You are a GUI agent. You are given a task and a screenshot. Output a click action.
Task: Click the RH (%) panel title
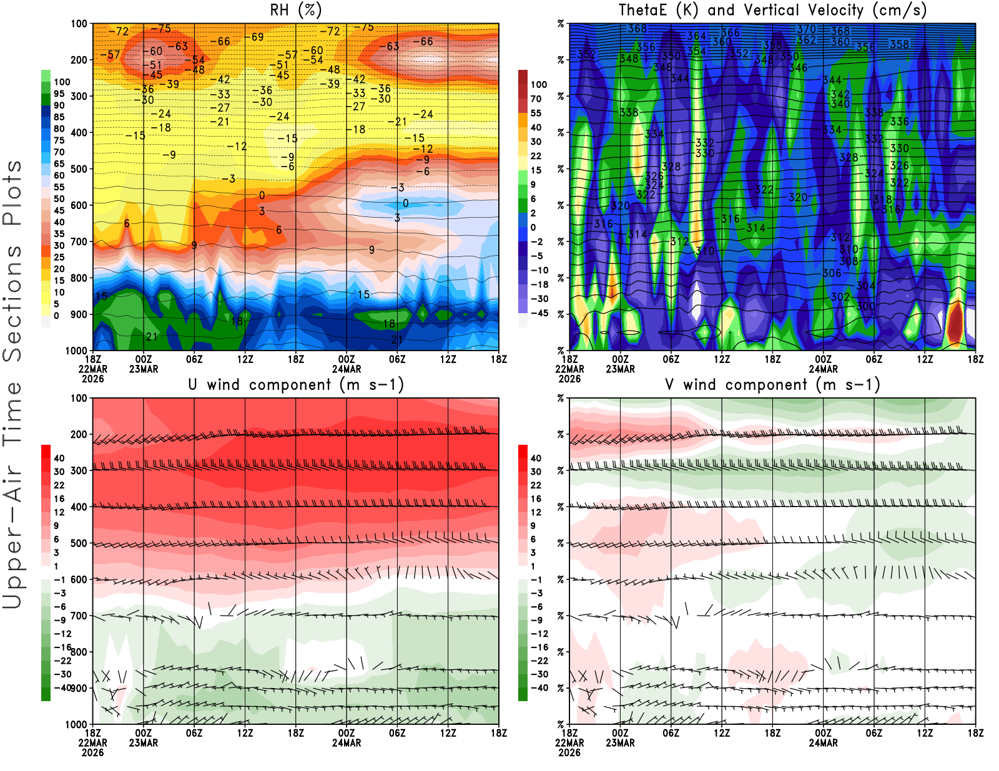click(296, 10)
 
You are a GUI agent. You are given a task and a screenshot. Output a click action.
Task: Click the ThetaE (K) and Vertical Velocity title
click(772, 10)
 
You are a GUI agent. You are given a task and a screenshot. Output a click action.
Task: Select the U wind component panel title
click(296, 384)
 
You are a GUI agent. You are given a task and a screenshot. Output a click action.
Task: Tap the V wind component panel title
click(772, 384)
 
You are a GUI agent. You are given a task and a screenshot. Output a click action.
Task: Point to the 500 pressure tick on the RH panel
click(79, 169)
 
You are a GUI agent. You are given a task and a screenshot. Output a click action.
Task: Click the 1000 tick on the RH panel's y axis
click(76, 351)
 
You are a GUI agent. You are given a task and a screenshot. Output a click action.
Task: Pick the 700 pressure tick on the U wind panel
click(79, 616)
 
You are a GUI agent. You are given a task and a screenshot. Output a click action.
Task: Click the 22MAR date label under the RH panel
click(92, 369)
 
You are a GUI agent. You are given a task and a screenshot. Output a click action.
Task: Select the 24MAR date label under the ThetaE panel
click(823, 369)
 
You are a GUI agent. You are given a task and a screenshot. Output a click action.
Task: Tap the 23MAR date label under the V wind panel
click(620, 743)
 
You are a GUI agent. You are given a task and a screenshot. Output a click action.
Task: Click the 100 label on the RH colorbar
click(62, 82)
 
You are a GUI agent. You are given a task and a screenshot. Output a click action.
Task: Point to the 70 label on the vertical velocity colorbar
click(536, 99)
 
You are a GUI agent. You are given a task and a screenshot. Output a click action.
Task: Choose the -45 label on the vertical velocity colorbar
click(539, 313)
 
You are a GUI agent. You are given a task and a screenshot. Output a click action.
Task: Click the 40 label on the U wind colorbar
click(59, 458)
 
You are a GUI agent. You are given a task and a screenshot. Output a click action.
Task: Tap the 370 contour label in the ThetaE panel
click(806, 29)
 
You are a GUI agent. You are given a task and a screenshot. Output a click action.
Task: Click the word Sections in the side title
click(12, 303)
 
